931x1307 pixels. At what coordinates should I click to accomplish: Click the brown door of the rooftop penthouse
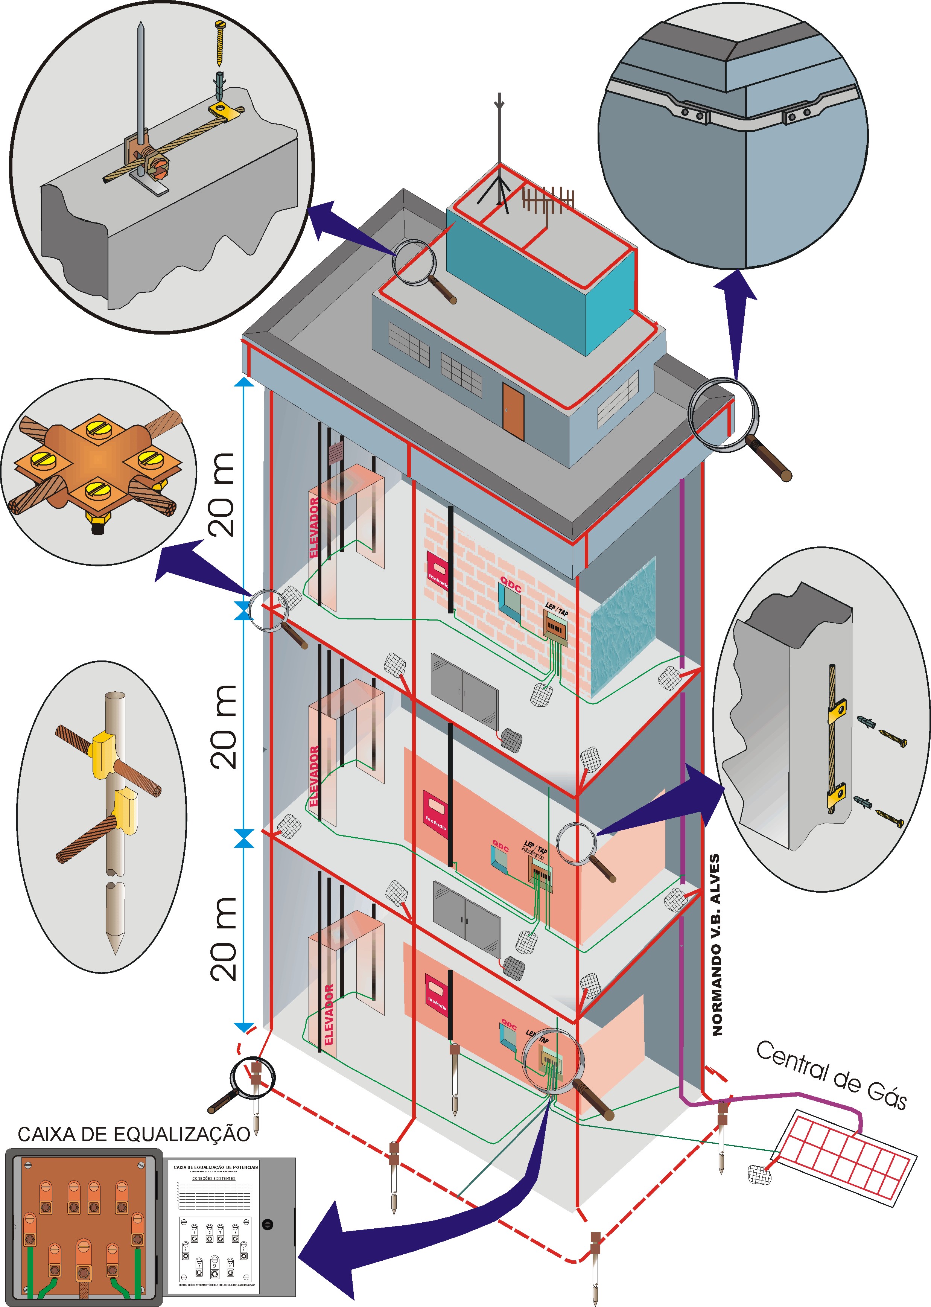tap(513, 411)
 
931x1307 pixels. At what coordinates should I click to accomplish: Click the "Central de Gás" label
tap(831, 1075)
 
